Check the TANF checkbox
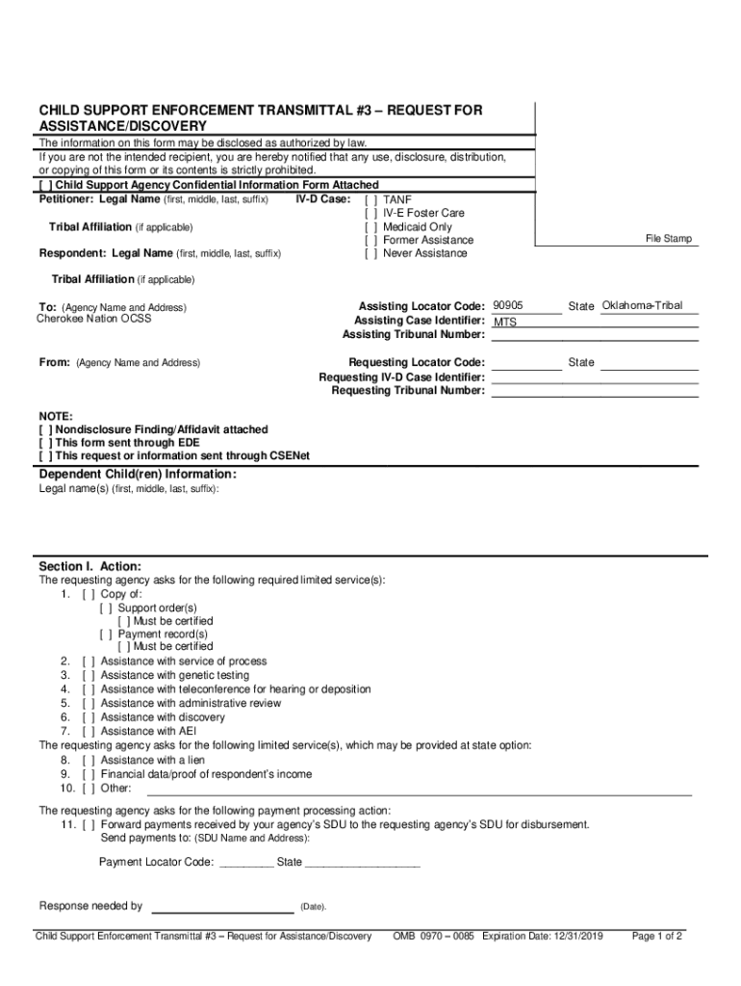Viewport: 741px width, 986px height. pos(370,199)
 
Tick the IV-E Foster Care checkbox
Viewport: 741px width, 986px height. pos(370,213)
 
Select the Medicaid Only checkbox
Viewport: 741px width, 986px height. pos(370,226)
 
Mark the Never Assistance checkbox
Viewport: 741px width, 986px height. pos(370,253)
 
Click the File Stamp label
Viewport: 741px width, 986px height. pos(668,239)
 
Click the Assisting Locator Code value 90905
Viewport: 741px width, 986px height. pos(507,305)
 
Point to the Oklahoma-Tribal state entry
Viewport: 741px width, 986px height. pos(641,305)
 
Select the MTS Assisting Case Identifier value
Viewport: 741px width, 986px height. pos(505,322)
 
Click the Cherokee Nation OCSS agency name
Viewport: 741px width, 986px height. pos(93,319)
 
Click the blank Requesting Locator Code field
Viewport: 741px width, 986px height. pos(525,362)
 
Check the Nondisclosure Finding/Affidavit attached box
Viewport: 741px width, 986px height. pos(45,429)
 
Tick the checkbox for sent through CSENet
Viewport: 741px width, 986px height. pos(45,455)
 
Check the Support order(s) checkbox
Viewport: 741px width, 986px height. pos(105,608)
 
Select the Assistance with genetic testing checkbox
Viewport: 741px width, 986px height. pos(88,675)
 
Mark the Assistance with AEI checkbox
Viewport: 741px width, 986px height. pos(88,731)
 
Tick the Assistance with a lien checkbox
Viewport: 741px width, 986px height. pos(88,760)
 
